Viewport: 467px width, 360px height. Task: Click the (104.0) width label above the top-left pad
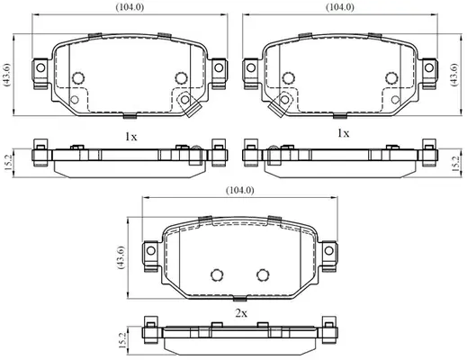coord(130,8)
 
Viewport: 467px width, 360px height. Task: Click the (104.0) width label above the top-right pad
coord(340,7)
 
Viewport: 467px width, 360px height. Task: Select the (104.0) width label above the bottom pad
coord(240,190)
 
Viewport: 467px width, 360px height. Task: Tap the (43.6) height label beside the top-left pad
coord(6,75)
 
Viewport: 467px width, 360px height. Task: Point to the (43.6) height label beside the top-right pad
coord(454,75)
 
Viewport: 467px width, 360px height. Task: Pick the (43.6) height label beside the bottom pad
coord(121,257)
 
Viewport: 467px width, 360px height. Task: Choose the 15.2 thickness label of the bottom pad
coord(121,340)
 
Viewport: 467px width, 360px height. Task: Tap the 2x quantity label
coord(241,313)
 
